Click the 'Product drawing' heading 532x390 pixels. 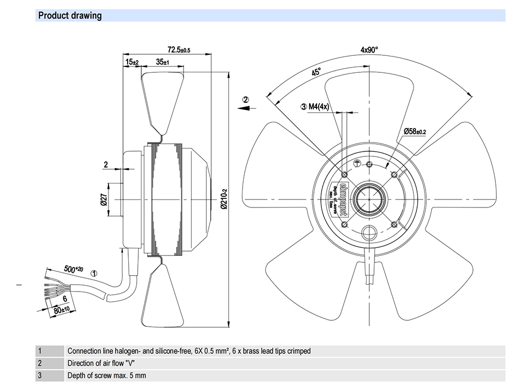click(70, 15)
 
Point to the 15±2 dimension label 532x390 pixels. click(132, 62)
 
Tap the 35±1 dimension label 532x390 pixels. click(163, 62)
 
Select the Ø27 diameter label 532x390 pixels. click(104, 200)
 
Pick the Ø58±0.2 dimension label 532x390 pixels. click(415, 130)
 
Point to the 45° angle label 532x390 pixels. click(316, 72)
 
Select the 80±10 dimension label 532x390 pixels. click(62, 309)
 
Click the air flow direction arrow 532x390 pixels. click(245, 107)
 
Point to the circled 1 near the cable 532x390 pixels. click(94, 273)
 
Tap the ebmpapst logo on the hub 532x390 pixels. click(343, 200)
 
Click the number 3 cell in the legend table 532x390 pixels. click(39, 376)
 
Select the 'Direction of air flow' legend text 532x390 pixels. click(99, 363)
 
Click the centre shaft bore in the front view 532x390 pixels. click(369, 200)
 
